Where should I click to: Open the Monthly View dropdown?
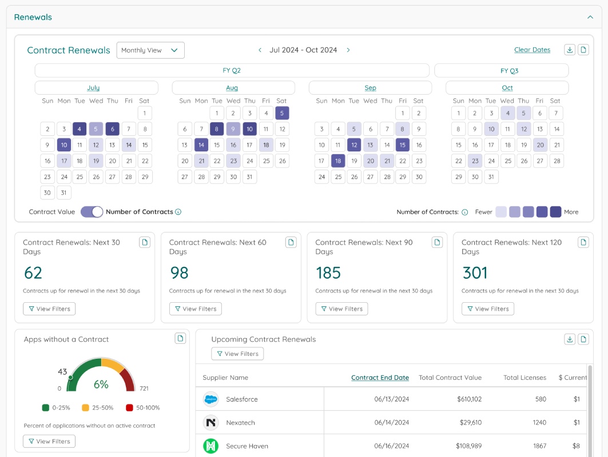[150, 50]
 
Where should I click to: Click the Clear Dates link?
[532, 50]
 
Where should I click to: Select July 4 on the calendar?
[80, 129]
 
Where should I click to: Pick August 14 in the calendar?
[201, 145]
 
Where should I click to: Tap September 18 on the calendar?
[338, 161]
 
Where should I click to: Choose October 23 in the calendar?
[475, 161]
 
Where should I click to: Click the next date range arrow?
[348, 50]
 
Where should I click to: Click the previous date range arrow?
[260, 50]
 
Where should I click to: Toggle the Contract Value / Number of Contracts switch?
[92, 212]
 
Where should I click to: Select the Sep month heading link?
[370, 88]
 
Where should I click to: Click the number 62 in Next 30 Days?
[33, 273]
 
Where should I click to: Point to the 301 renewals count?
[475, 273]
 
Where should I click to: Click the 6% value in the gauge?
[101, 384]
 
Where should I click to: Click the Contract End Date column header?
[380, 378]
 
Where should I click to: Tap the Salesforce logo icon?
[211, 399]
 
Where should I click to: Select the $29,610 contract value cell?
[470, 423]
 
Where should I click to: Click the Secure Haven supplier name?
[247, 446]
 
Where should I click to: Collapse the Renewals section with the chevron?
[590, 17]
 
